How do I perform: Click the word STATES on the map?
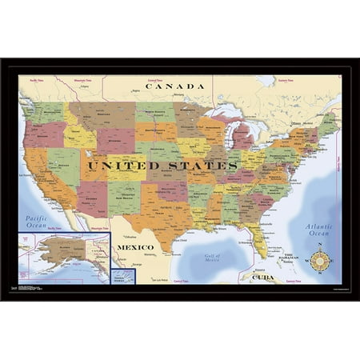coord(200,166)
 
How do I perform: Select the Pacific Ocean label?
coord(37,222)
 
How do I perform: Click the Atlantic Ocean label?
coord(318,230)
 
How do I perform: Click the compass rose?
coord(320,261)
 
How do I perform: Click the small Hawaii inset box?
coord(122,276)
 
